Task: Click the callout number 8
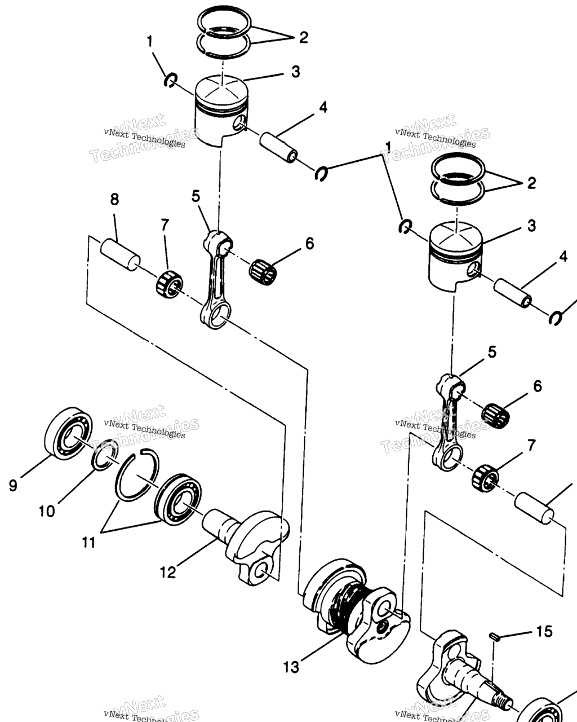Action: [x=114, y=200]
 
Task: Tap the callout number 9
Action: [x=13, y=485]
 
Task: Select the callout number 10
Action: [x=47, y=511]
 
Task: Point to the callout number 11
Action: [x=88, y=543]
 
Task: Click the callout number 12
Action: [x=168, y=573]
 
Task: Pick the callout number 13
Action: [x=291, y=667]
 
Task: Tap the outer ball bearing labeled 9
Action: [x=69, y=434]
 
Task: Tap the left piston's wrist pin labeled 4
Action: [x=278, y=147]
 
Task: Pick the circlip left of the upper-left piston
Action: [x=170, y=80]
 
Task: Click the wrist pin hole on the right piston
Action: [x=475, y=270]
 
